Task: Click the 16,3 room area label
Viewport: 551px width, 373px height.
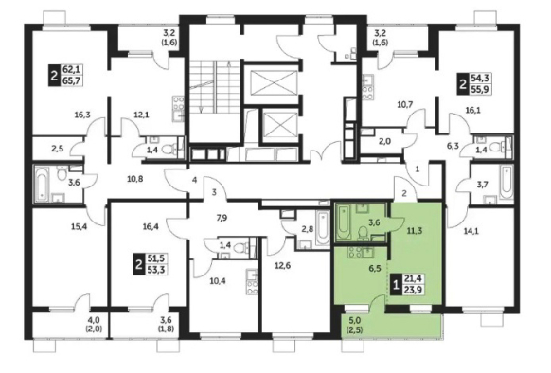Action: (x=82, y=115)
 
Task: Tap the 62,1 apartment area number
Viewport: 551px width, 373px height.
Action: (x=71, y=69)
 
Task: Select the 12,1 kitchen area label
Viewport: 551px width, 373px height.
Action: (x=142, y=115)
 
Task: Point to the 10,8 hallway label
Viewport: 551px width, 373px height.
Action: (x=135, y=179)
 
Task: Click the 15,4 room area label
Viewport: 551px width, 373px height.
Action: (x=79, y=226)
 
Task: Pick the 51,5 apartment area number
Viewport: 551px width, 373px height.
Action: (x=156, y=258)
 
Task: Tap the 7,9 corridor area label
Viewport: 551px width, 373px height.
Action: (x=222, y=218)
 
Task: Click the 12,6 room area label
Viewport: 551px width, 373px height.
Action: (x=282, y=265)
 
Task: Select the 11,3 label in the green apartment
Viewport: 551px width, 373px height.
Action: (x=415, y=231)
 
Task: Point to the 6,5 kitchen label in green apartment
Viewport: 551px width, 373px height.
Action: (x=368, y=268)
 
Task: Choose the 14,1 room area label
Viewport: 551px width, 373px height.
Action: (x=471, y=231)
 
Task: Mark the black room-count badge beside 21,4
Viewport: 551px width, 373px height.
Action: (x=396, y=284)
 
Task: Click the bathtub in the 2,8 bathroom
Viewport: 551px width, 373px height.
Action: (x=322, y=228)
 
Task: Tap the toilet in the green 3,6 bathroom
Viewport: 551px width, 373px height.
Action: (x=363, y=232)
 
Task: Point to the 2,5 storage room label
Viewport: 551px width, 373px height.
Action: (x=58, y=149)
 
